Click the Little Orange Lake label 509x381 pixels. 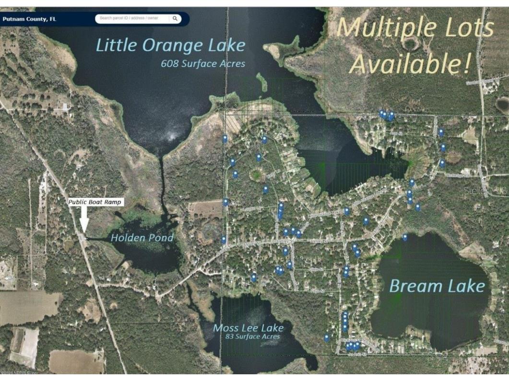[x=170, y=46]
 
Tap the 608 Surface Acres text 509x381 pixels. [x=203, y=63]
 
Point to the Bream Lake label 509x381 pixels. [x=437, y=286]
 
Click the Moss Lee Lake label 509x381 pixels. [x=248, y=328]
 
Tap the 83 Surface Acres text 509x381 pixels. [x=253, y=336]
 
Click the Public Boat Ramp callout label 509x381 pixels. [x=95, y=202]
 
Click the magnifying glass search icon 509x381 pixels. [x=176, y=19]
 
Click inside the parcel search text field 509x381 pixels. [x=132, y=19]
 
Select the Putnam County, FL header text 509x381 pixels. [x=29, y=19]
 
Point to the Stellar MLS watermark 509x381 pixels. [x=485, y=191]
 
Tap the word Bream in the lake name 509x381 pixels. [x=412, y=286]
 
